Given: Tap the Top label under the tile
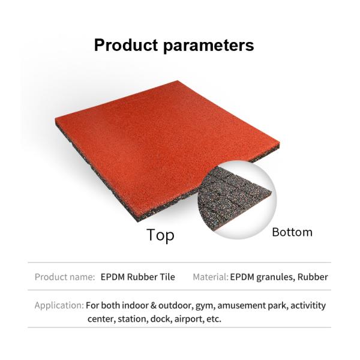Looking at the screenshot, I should [160, 235].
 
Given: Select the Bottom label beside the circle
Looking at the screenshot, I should [292, 232].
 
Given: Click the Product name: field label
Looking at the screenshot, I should [65, 277].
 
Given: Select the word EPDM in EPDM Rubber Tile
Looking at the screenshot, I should [113, 277].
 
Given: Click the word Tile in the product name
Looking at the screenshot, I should [166, 277].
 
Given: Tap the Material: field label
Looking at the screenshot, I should [211, 277].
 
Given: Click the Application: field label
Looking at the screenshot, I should [59, 305].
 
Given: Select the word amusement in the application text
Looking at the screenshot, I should [237, 305].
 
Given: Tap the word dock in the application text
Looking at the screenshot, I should [157, 319].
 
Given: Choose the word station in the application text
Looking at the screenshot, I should [128, 319].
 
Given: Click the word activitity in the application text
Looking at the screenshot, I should [305, 305].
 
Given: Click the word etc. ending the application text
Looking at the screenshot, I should [212, 319].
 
